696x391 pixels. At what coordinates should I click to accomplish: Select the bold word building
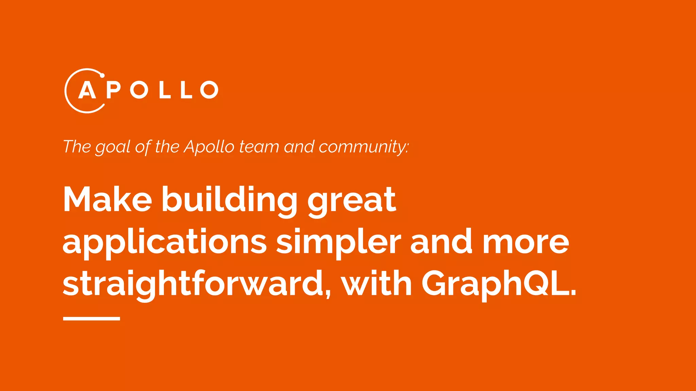[229, 200]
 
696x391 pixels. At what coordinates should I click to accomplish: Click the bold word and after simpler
[441, 241]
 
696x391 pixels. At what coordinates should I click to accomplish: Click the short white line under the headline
[91, 319]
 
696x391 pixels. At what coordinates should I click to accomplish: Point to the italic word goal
[112, 147]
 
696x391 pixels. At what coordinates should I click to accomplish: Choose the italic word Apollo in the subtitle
[209, 147]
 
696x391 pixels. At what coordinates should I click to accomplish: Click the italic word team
[259, 147]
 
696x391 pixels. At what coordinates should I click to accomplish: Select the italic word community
[363, 147]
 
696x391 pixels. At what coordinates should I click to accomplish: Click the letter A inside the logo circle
[87, 90]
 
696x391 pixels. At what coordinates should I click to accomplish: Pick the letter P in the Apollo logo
[113, 90]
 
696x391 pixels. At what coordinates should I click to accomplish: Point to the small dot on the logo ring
[102, 75]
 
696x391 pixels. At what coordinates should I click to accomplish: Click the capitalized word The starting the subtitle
[77, 147]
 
